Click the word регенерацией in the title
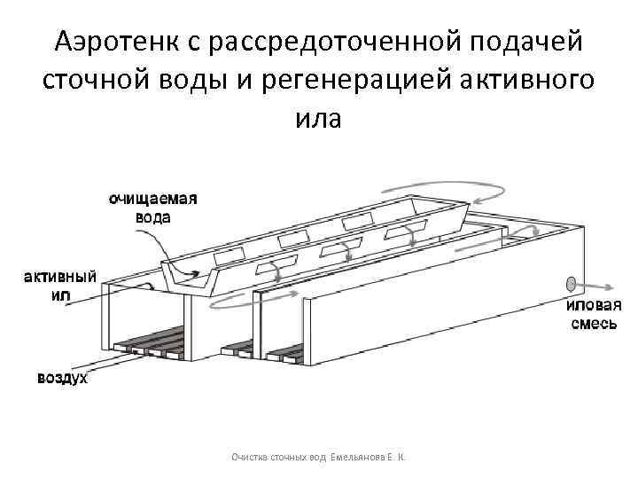(x=373, y=79)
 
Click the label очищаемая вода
(x=152, y=208)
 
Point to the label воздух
(x=61, y=380)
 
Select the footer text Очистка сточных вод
(x=277, y=457)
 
